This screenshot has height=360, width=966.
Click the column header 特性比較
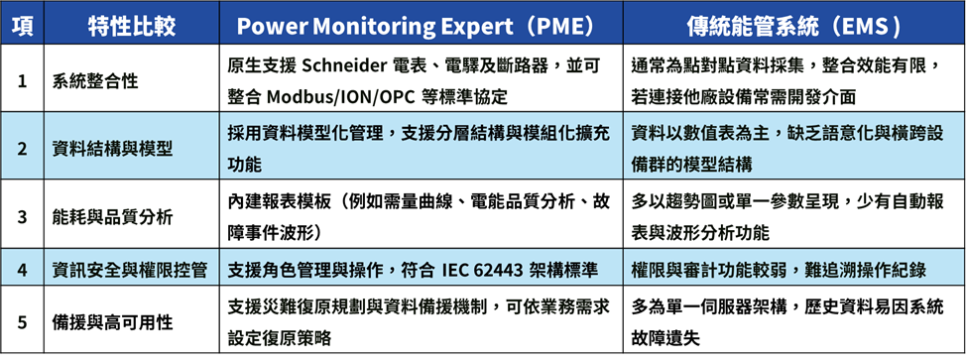(x=131, y=25)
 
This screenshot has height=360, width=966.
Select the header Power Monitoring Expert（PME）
(x=420, y=25)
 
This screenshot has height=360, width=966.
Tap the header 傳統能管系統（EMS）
(x=794, y=25)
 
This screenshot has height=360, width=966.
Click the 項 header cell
(x=22, y=25)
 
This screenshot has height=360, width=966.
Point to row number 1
(x=22, y=80)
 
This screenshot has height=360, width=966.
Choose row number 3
(x=22, y=217)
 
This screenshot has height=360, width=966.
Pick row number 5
(x=22, y=321)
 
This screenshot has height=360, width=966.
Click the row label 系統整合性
(x=95, y=80)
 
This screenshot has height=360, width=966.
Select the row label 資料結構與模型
(x=112, y=149)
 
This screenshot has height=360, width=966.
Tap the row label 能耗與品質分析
(x=112, y=217)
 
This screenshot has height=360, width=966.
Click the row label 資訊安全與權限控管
(x=129, y=270)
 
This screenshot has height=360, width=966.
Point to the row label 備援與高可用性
(x=112, y=321)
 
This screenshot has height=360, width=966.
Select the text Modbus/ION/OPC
(x=342, y=97)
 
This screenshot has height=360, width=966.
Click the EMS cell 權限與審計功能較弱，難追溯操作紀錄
(x=779, y=270)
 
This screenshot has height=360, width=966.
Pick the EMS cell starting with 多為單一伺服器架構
(x=786, y=321)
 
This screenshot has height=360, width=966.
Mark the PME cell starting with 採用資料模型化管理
(x=419, y=149)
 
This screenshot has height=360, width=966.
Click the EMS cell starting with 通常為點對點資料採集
(x=785, y=80)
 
